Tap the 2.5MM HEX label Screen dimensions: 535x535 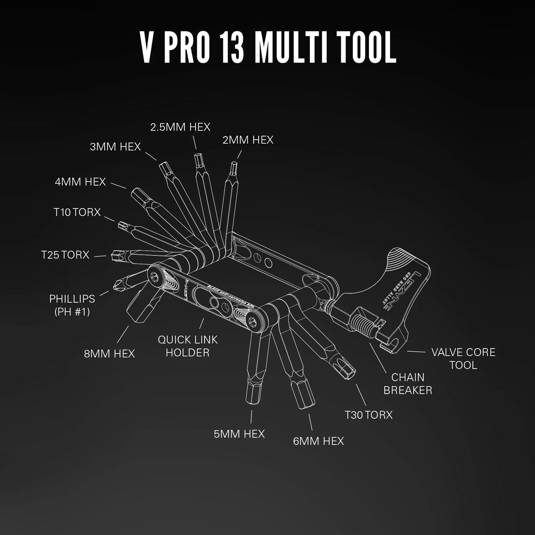(x=180, y=127)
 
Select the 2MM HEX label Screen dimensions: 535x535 (x=248, y=140)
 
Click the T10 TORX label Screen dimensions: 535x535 (x=77, y=212)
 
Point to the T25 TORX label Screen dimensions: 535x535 (x=65, y=255)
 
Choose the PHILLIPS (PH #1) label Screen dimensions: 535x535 (x=72, y=305)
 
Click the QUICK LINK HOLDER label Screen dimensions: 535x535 (x=187, y=346)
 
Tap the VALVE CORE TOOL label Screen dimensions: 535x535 (x=463, y=359)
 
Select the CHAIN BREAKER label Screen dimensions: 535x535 (x=408, y=384)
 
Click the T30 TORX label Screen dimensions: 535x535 (x=369, y=415)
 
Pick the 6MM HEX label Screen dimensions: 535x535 (x=318, y=441)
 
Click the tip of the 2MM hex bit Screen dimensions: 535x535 (x=234, y=164)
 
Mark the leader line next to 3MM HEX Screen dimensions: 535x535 (x=151, y=156)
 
